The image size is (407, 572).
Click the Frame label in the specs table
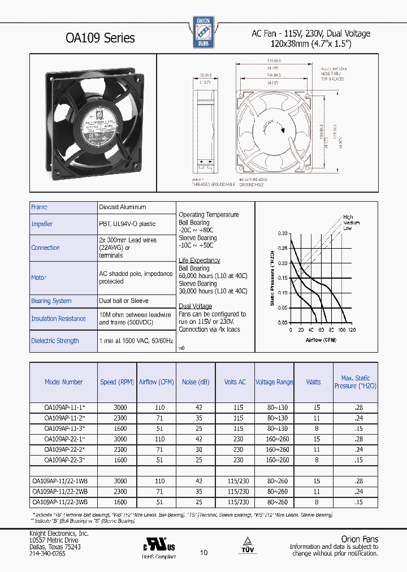(x=40, y=207)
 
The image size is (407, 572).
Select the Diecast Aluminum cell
(x=123, y=207)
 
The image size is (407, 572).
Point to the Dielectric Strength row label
(x=55, y=341)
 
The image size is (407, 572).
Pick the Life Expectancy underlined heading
(x=200, y=261)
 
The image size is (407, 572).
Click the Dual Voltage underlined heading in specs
(x=195, y=306)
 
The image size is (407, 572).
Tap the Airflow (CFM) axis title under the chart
(x=321, y=340)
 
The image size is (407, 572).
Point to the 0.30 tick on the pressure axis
(x=282, y=233)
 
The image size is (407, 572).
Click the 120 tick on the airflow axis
(x=351, y=330)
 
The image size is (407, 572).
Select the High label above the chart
(x=348, y=217)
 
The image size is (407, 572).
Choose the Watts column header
(x=313, y=382)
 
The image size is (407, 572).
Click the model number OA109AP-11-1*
(x=64, y=407)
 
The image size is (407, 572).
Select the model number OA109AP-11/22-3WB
(x=60, y=502)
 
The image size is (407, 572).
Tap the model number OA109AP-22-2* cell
(x=64, y=449)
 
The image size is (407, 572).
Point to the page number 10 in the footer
(x=203, y=553)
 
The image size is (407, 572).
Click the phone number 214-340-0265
(x=47, y=554)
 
